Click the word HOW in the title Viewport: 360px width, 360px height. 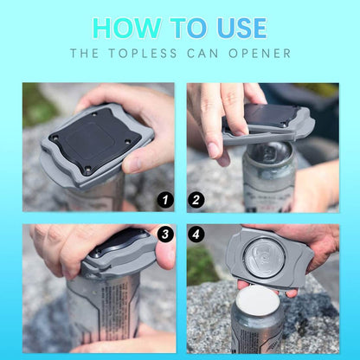pyautogui.click(x=126, y=29)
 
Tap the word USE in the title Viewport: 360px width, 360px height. pyautogui.click(x=241, y=29)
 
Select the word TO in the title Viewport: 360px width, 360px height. pyautogui.click(x=189, y=29)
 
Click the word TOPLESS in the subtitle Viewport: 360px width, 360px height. pyautogui.click(x=143, y=54)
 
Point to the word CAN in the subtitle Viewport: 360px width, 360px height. pyautogui.click(x=202, y=54)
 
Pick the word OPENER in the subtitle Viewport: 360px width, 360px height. pyautogui.click(x=260, y=54)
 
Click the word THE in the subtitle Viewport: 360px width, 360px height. pyautogui.click(x=84, y=54)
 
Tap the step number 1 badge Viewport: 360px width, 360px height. pyautogui.click(x=165, y=200)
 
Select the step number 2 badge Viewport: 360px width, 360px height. pyautogui.click(x=196, y=200)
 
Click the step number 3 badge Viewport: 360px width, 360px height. pyautogui.click(x=165, y=234)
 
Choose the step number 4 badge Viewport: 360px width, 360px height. pyautogui.click(x=196, y=234)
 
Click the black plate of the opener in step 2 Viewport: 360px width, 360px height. pyautogui.click(x=268, y=115)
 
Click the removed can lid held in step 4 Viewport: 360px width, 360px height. pyautogui.click(x=266, y=261)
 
